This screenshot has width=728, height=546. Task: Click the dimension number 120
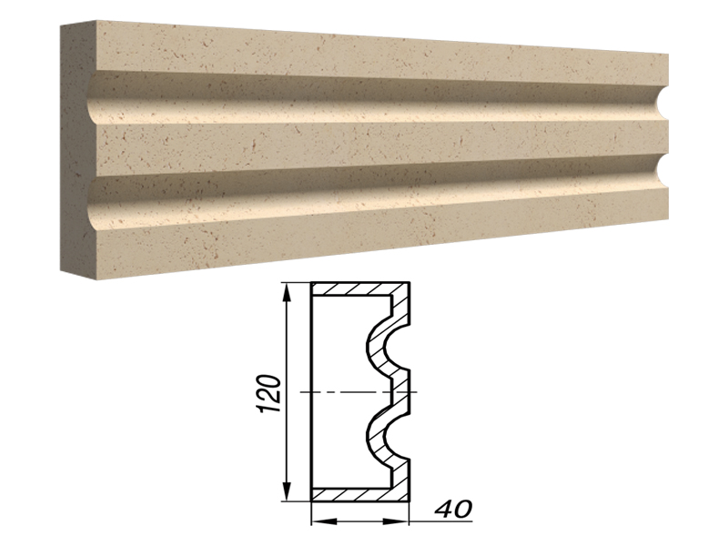point(268,393)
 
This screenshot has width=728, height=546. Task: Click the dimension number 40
point(453,509)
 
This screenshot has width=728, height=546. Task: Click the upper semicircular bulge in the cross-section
point(375,347)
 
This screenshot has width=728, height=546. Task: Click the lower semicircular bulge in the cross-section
point(375,438)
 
